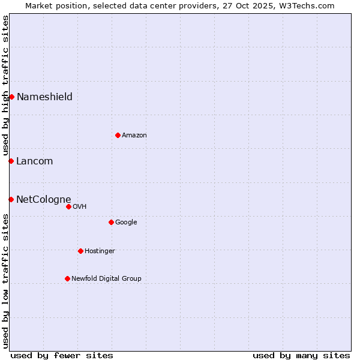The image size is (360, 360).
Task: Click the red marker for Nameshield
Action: coord(11,97)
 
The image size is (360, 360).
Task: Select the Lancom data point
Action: coord(11,161)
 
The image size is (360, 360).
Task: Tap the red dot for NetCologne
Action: coord(11,199)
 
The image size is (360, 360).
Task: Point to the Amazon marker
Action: coord(118,135)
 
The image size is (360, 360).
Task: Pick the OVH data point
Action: coord(68,206)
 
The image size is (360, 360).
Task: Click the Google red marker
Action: coord(111,222)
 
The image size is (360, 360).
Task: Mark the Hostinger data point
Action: coord(80,251)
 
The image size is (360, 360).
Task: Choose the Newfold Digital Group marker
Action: coord(67,278)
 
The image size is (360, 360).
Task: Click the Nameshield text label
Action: coord(44,97)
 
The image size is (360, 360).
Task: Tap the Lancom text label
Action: coord(34,161)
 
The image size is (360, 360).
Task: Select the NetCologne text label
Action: coord(43,200)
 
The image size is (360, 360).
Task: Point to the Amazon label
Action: coord(134,136)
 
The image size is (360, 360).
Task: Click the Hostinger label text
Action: coord(100,251)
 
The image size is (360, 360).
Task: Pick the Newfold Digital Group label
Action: coord(106,279)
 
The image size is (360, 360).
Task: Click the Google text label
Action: coord(126,223)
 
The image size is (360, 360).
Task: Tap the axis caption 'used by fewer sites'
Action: coord(62,355)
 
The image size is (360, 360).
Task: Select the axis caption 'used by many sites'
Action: coord(301,355)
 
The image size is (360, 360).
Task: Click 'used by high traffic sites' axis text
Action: coord(5,86)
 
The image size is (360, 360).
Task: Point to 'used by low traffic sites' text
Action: coord(5,281)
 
